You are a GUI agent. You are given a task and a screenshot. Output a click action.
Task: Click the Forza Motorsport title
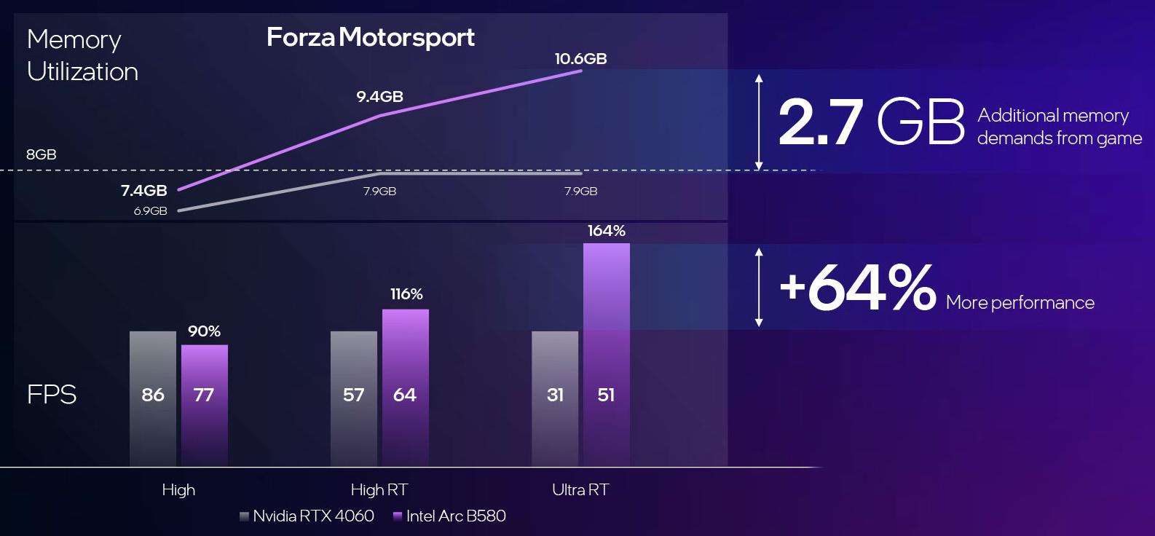[370, 37]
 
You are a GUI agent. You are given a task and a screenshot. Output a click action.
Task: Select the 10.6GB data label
[580, 59]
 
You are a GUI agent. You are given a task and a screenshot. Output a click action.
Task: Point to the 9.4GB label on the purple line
[379, 96]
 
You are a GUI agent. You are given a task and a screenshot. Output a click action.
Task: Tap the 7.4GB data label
[144, 191]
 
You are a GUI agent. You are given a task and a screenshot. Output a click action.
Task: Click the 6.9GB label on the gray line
[150, 211]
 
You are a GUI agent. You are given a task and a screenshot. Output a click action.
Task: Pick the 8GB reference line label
[41, 154]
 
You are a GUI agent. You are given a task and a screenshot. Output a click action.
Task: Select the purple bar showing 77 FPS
[204, 405]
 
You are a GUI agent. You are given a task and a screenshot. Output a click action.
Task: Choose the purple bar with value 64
[405, 387]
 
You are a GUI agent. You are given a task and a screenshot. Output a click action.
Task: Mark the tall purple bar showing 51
[606, 354]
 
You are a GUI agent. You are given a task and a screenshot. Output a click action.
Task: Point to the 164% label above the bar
[606, 231]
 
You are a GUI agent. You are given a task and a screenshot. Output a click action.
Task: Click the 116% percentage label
[406, 294]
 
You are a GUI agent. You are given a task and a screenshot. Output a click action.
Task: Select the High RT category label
[379, 489]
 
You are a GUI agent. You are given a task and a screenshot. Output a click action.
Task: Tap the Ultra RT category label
[580, 489]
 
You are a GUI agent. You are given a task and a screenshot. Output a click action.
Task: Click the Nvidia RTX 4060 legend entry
[307, 516]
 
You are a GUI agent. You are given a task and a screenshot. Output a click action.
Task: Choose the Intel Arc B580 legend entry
[449, 516]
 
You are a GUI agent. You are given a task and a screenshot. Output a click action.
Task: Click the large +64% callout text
[856, 288]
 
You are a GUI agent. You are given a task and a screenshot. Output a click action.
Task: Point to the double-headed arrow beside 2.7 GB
[759, 122]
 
